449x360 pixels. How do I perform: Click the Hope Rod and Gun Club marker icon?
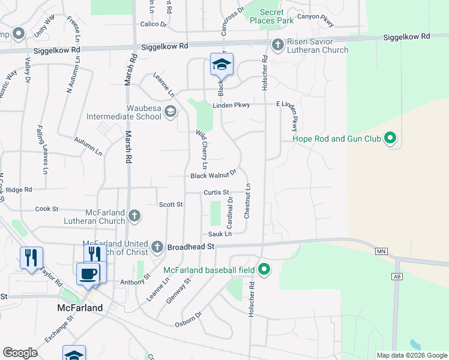(x=390, y=139)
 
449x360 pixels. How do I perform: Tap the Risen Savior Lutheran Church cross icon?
(x=277, y=45)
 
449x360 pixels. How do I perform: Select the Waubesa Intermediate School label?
(x=124, y=112)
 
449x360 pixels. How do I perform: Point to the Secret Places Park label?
(x=277, y=16)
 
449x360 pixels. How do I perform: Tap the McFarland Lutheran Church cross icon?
(x=135, y=215)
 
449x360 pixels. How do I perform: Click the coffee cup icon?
(x=88, y=274)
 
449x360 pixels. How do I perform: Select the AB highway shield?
(x=396, y=276)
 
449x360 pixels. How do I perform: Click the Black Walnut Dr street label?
(x=214, y=175)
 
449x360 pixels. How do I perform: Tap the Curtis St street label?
(x=217, y=193)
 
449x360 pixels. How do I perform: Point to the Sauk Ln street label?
(x=220, y=234)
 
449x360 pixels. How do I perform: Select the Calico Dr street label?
(x=153, y=25)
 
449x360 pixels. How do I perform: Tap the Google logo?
(x=20, y=353)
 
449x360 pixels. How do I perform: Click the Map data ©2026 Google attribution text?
(x=411, y=355)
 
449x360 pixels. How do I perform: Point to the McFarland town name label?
(x=80, y=308)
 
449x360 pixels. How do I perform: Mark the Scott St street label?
(x=170, y=205)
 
